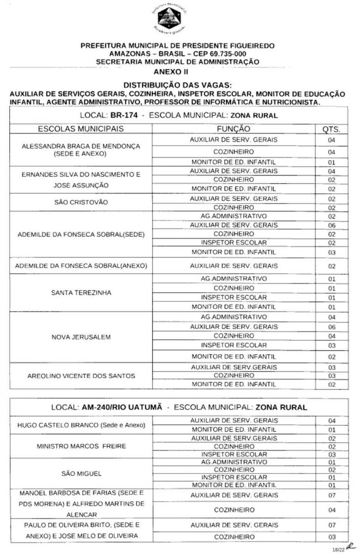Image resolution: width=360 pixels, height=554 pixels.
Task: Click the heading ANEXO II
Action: (170, 72)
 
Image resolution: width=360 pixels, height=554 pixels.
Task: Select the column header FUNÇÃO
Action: (234, 129)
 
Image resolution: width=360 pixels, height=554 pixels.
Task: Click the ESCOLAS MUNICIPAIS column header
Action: (81, 129)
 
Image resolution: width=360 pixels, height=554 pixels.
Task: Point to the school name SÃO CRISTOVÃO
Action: (81, 203)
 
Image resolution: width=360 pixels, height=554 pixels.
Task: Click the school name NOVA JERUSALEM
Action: (81, 337)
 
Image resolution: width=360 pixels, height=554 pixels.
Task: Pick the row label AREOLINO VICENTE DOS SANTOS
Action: (81, 376)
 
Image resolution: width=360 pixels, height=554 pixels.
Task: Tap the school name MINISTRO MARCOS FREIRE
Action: (81, 446)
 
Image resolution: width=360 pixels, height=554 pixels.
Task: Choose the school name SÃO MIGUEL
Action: (81, 473)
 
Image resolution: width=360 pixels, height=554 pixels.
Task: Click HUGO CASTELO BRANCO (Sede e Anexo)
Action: (81, 425)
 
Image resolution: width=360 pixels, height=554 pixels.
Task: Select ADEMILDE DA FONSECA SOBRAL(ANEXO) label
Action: (81, 266)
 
